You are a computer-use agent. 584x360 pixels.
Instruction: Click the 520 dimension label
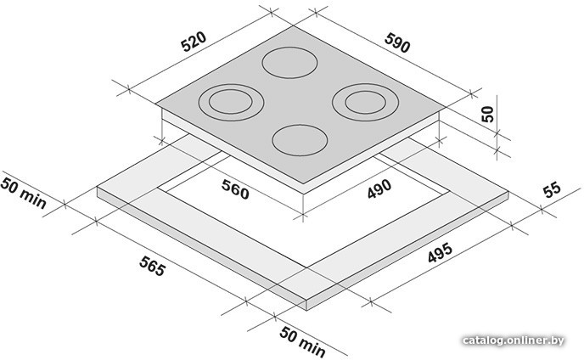tap(194, 42)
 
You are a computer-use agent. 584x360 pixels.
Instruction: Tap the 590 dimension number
tap(397, 42)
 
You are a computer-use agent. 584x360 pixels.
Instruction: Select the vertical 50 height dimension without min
tap(487, 114)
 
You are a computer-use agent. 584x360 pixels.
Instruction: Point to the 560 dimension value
tap(235, 189)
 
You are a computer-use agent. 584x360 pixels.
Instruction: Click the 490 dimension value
tap(379, 189)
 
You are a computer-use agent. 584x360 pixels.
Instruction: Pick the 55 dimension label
tap(552, 189)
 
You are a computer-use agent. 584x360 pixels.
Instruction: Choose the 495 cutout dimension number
tap(440, 253)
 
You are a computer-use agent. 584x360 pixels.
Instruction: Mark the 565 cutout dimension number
tap(152, 266)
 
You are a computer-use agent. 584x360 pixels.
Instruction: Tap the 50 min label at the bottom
tap(302, 341)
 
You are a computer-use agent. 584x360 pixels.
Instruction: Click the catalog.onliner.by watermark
tap(514, 340)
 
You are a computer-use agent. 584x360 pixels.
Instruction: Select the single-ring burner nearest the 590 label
tap(289, 63)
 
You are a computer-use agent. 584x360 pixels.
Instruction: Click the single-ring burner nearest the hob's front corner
tap(300, 140)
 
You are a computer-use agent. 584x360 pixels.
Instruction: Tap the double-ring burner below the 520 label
tap(231, 102)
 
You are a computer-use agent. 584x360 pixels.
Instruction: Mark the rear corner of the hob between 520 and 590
tap(293, 25)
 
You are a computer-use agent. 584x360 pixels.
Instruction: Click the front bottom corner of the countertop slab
tap(306, 310)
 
